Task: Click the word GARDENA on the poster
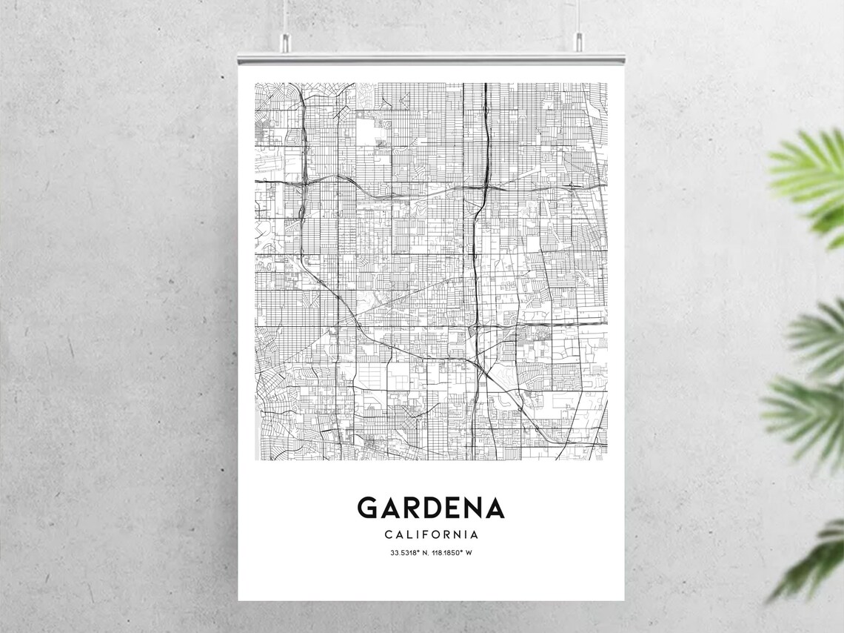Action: tap(431, 508)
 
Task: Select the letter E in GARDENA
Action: tap(453, 508)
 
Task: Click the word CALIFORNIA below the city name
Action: tap(431, 534)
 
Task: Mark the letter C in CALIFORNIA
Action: tap(388, 534)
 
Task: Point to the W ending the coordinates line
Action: tap(469, 553)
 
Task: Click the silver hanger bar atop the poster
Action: tap(431, 58)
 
